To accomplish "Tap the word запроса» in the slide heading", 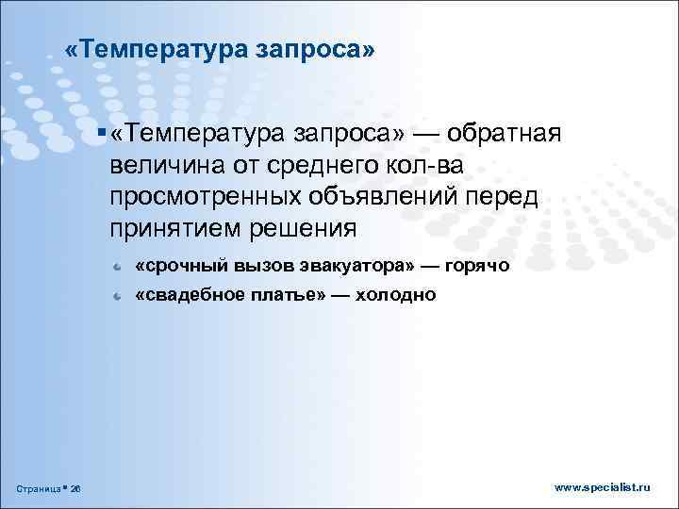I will [315, 50].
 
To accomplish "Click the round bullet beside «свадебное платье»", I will [114, 297].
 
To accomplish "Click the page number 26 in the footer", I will [75, 488].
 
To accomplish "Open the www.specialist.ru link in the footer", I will [603, 487].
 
